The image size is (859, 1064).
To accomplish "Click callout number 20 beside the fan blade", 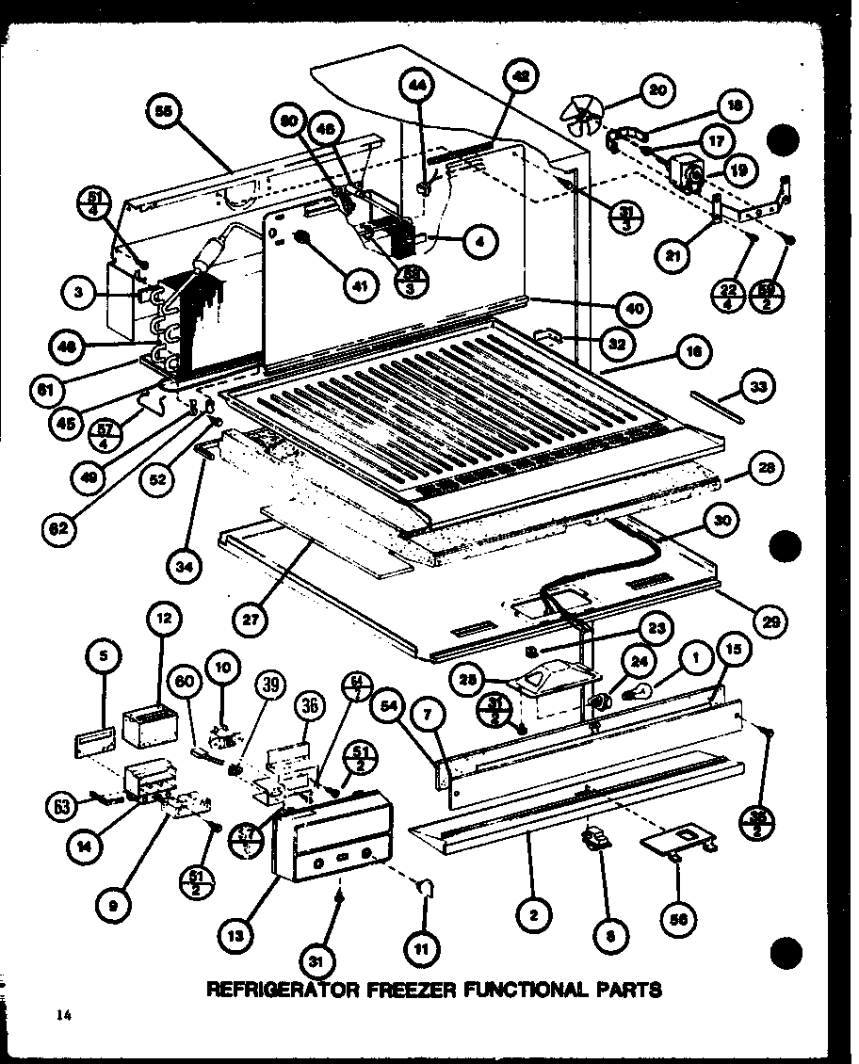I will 656,90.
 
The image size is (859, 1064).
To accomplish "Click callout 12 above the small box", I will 164,620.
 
